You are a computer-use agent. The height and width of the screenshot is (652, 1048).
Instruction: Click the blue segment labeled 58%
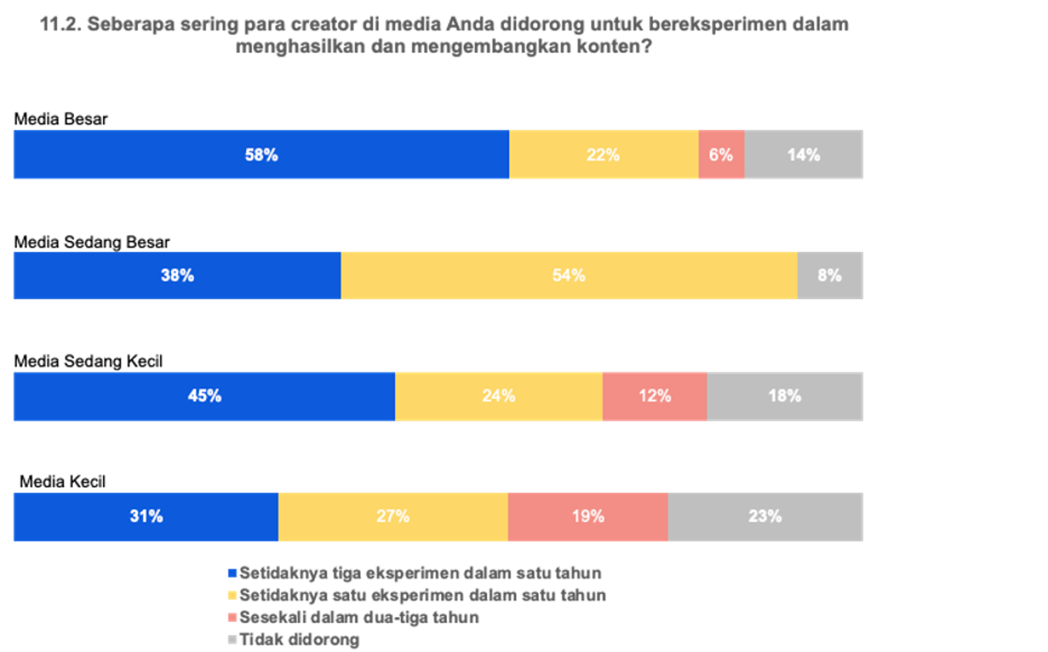261,155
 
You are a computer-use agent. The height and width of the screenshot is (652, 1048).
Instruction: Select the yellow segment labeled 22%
603,155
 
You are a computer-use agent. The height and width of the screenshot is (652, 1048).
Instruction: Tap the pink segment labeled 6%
721,155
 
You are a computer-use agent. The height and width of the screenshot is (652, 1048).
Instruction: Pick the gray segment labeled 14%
803,155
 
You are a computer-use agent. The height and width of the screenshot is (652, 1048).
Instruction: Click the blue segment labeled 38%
177,275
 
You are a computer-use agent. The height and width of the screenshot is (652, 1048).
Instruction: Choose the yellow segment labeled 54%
569,275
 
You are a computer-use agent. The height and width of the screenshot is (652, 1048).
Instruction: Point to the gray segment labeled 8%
830,275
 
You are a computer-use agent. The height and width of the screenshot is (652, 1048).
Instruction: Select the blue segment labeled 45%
204,396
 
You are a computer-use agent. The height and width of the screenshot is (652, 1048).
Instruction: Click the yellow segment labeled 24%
498,396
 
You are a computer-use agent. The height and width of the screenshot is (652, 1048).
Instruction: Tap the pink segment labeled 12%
654,396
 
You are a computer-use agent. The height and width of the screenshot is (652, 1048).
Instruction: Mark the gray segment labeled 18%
785,396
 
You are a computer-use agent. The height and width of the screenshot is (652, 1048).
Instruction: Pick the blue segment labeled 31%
146,517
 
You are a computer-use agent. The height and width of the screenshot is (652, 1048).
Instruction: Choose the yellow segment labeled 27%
392,517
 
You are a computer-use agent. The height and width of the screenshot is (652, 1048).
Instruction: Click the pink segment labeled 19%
588,517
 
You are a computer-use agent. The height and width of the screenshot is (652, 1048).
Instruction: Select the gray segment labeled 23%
765,517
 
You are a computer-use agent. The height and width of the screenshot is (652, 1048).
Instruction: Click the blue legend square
232,573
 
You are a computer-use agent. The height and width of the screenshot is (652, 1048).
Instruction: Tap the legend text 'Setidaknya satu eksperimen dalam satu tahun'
422,595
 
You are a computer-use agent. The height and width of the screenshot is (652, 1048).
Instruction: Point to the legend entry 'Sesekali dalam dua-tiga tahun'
359,617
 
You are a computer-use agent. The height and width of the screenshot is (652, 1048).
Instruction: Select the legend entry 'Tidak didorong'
299,639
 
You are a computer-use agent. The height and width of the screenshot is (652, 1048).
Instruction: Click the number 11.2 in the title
61,25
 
